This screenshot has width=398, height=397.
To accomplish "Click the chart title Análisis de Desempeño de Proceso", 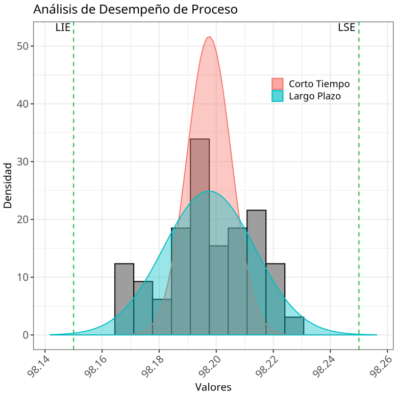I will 135,9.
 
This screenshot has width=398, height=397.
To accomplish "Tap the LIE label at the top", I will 63,28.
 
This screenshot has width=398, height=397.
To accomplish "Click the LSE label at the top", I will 346,28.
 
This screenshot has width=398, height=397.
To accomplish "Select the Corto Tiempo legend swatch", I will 277,84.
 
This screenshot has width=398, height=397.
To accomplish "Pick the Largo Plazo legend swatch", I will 277,95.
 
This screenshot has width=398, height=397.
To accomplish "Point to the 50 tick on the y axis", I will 22,46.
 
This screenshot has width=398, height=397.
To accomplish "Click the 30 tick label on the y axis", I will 22,162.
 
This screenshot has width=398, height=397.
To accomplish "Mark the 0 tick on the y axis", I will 25,335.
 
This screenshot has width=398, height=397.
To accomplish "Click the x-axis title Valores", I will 213,387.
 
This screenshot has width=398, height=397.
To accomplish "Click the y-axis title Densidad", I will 8,186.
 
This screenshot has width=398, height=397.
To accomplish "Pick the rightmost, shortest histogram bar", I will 294,326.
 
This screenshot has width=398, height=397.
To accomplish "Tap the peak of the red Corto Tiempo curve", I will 209,37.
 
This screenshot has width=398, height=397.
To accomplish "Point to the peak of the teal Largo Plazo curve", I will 209,191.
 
